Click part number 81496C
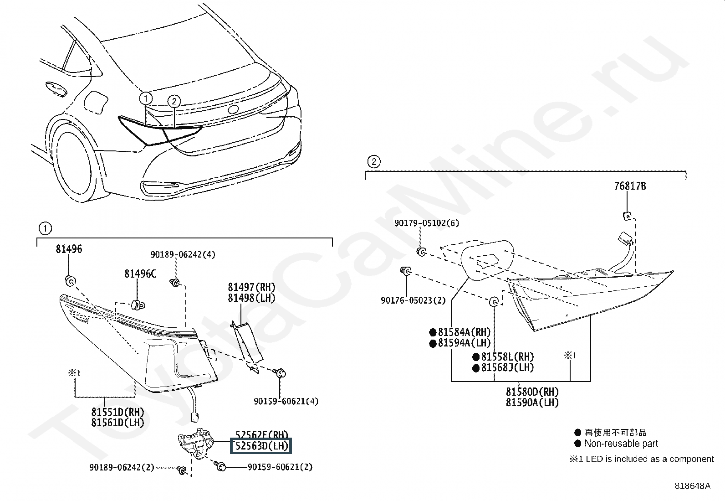[140, 274]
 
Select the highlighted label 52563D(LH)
[261, 445]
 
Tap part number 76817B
[630, 186]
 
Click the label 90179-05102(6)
[427, 223]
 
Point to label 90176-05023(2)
[413, 300]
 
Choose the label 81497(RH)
[251, 287]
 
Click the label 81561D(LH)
[117, 422]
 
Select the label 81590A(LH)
[532, 403]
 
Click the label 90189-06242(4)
[183, 254]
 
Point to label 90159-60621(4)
[286, 401]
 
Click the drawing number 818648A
[692, 486]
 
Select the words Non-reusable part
[621, 444]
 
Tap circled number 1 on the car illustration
[146, 98]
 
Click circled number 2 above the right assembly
[373, 161]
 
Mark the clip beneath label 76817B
[627, 216]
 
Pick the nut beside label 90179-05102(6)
[422, 251]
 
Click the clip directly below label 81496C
[136, 304]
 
